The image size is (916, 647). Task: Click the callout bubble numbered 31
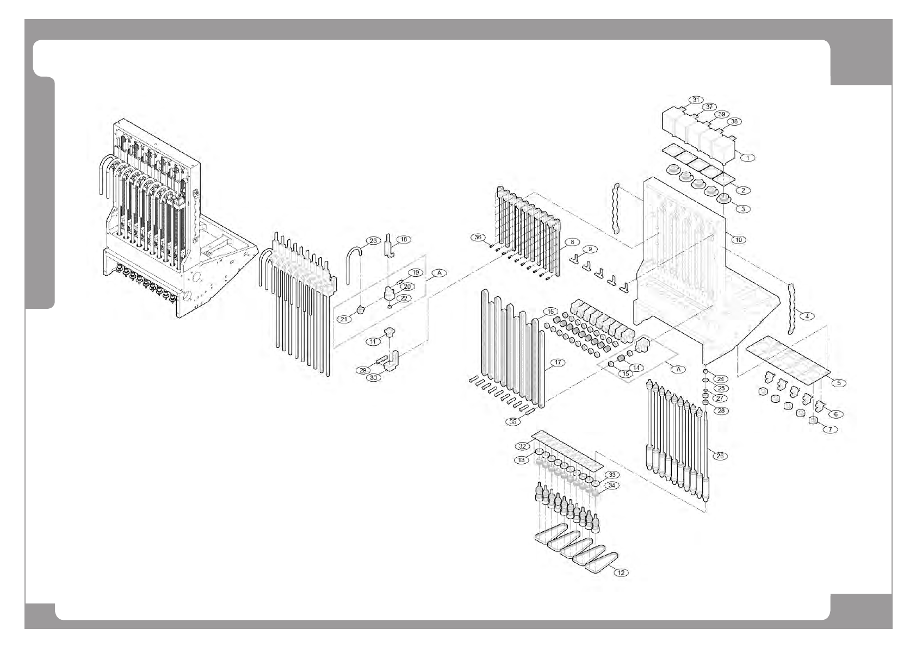pyautogui.click(x=696, y=99)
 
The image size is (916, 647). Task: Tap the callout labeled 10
pyautogui.click(x=738, y=239)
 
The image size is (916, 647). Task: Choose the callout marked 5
pyautogui.click(x=838, y=383)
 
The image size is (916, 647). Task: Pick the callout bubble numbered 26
pyautogui.click(x=720, y=456)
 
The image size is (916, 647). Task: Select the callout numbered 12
pyautogui.click(x=621, y=572)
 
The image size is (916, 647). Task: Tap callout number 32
pyautogui.click(x=523, y=446)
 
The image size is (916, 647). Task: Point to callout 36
pyautogui.click(x=478, y=237)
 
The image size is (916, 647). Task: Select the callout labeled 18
pyautogui.click(x=404, y=239)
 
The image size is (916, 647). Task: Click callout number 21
pyautogui.click(x=344, y=319)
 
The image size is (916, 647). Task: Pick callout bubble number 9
pyautogui.click(x=589, y=249)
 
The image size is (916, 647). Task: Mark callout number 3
pyautogui.click(x=742, y=208)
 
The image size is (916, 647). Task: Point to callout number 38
pyautogui.click(x=733, y=121)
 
